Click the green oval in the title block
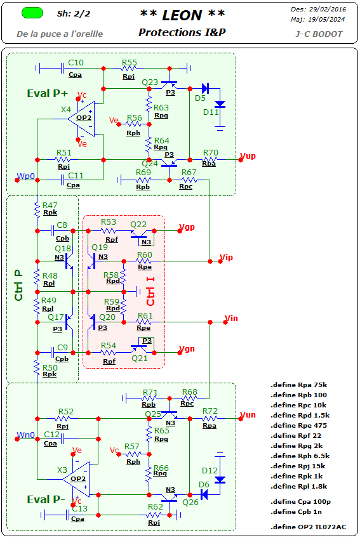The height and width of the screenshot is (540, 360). coord(32,13)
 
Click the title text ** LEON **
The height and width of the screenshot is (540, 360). coord(182,15)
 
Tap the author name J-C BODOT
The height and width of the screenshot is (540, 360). coord(319,34)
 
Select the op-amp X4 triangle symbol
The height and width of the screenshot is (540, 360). coord(81,119)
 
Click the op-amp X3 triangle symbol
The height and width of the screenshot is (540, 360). coord(76,479)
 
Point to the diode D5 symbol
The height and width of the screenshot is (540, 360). coord(205,88)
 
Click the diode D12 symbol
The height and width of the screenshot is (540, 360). coord(220,480)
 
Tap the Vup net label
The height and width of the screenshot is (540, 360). coord(248,156)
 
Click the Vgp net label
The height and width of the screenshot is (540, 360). coord(187,227)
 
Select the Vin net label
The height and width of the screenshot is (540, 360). coord(231,318)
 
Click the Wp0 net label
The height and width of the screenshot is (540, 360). coord(26,176)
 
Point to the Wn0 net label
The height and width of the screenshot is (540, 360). coord(26,435)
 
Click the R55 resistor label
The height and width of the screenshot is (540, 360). coord(129,62)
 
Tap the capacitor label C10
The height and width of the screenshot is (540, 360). coord(76,62)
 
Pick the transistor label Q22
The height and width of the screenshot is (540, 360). coord(138,224)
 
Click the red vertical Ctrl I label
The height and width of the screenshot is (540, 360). coord(150,291)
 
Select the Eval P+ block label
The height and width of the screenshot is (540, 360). coord(48,93)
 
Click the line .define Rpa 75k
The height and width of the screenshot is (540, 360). coord(298,385)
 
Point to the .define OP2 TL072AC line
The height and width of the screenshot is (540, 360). coord(309,527)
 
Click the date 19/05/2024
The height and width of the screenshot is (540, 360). coord(326,20)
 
